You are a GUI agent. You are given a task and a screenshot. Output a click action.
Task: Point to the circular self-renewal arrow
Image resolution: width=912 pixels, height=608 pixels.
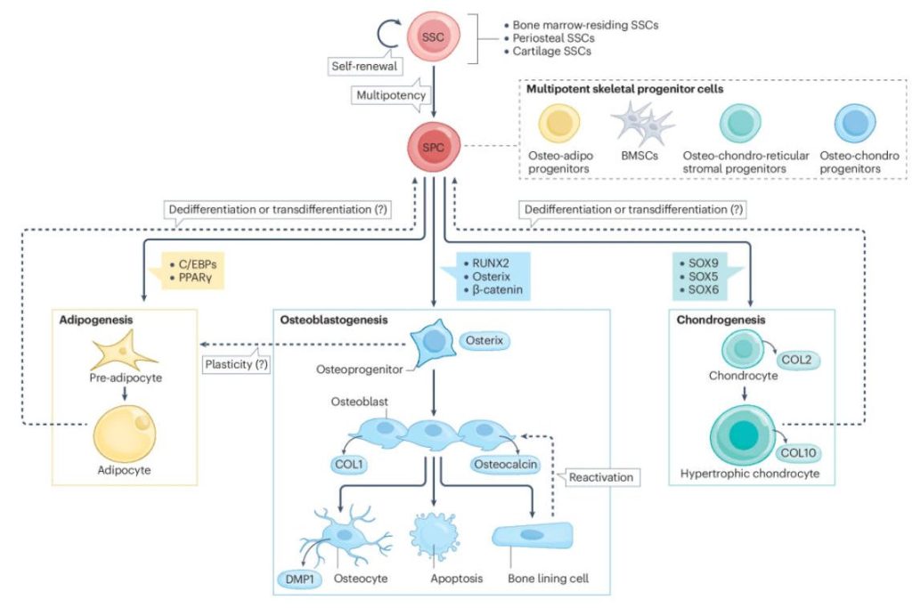tap(389, 34)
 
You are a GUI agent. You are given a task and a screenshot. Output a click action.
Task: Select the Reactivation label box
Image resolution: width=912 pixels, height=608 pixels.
tap(603, 477)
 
